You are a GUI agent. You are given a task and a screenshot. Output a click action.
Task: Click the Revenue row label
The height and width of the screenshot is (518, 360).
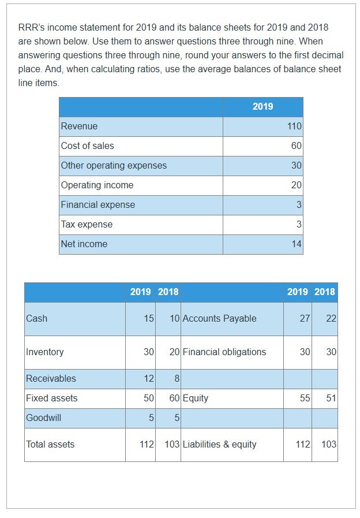[x=80, y=126]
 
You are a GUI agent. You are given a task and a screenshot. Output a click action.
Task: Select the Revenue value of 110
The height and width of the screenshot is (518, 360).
[x=294, y=126]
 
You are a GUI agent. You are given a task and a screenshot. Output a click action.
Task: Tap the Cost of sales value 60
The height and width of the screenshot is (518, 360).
[x=296, y=146]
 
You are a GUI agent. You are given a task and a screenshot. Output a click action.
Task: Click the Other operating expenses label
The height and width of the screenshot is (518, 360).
[x=114, y=166]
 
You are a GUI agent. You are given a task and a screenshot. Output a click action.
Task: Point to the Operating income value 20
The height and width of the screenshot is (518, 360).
[x=296, y=185]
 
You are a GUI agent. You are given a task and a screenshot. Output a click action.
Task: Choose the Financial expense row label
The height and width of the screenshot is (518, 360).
[x=98, y=205]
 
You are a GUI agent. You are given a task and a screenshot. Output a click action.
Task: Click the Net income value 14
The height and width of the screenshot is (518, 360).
[x=296, y=244]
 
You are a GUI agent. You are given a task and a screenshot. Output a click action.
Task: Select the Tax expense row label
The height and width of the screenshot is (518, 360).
[x=87, y=225]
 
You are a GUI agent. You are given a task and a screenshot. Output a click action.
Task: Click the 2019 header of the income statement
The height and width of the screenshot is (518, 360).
[x=262, y=106]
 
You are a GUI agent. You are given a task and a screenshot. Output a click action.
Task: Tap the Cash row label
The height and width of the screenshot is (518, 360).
[x=37, y=319]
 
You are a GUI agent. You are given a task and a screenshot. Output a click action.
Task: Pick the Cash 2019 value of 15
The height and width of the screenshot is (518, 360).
[x=149, y=319]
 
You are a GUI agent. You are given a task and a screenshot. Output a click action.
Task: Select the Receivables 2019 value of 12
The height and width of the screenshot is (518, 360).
[x=149, y=379]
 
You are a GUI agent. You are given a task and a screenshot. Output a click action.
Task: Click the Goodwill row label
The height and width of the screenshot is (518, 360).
[x=44, y=418]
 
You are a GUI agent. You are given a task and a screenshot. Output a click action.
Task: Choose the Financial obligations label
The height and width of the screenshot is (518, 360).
[x=224, y=352]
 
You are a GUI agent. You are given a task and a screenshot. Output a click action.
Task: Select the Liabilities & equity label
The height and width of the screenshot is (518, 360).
[x=220, y=445]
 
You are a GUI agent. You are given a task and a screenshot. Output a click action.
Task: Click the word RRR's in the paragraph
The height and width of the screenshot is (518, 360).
[x=31, y=28]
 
